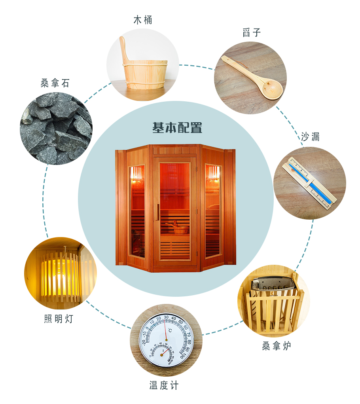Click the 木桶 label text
(x=142, y=20)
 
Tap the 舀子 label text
(x=252, y=32)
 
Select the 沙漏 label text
(x=310, y=137)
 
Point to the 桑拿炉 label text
(x=277, y=345)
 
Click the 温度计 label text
(x=164, y=385)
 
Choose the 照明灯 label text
(x=59, y=319)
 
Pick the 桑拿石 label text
(x=55, y=83)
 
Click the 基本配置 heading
(x=177, y=128)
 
